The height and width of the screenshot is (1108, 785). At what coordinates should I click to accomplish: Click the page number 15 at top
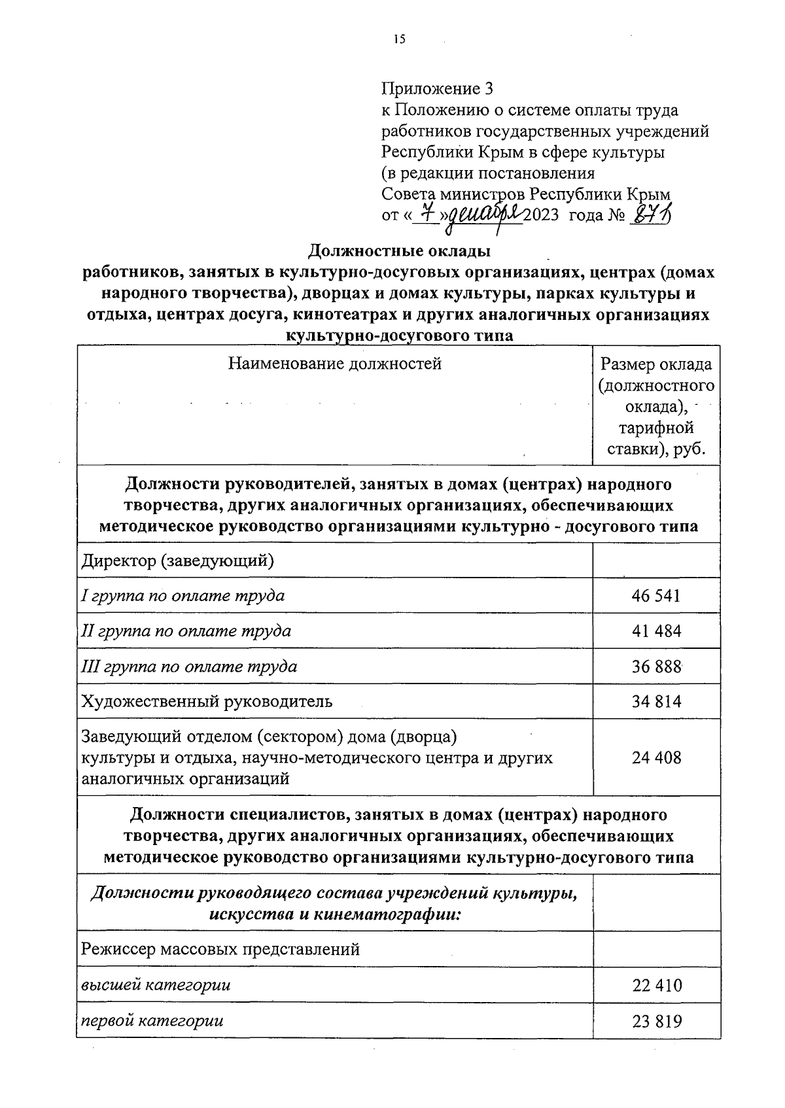point(399,40)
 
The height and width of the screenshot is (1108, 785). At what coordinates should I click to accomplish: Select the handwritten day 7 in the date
point(428,213)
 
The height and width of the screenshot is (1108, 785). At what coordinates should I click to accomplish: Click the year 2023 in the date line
point(540,215)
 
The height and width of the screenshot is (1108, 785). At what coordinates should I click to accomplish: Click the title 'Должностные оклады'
point(399,251)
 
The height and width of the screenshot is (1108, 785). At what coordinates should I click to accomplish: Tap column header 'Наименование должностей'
point(334,364)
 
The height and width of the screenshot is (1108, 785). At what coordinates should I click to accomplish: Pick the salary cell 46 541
point(656,595)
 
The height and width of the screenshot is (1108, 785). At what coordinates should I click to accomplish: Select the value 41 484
point(656,631)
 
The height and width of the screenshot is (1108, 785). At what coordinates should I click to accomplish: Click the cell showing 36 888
point(656,666)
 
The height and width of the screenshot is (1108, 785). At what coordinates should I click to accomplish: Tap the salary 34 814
point(656,701)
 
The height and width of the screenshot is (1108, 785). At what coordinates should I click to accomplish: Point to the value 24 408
point(656,757)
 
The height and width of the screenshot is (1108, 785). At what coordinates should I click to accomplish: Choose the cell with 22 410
point(656,984)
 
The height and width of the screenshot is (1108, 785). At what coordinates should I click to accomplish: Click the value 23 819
point(656,1020)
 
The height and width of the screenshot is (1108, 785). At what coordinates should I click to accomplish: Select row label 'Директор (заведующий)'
point(177,561)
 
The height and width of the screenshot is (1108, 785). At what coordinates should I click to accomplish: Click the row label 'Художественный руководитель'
point(207,701)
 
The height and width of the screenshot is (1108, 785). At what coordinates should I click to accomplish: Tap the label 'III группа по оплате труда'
point(189,666)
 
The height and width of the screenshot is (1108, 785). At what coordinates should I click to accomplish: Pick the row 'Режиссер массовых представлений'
point(220,948)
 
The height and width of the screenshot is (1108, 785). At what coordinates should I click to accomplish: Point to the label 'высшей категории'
point(156,984)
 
